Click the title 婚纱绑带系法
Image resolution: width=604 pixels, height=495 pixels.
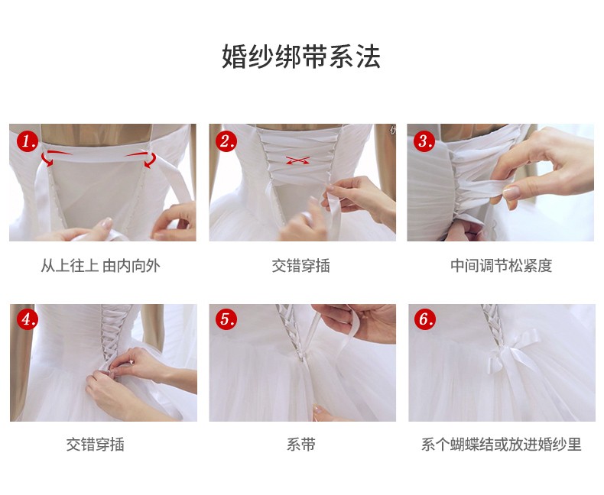[x=301, y=57]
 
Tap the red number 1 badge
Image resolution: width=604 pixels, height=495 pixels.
[x=27, y=141]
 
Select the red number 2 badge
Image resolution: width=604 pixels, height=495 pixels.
[x=226, y=141]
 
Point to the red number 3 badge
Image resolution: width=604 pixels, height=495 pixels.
[x=424, y=141]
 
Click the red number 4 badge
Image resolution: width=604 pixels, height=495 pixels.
[x=28, y=319]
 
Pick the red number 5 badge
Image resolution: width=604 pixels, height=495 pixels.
[x=226, y=319]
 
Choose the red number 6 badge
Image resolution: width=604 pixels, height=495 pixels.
[x=425, y=319]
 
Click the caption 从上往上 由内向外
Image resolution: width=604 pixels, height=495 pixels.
[x=100, y=266]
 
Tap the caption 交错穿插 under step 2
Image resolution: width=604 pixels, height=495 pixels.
[x=300, y=266]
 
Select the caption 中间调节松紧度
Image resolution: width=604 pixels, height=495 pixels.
[x=501, y=266]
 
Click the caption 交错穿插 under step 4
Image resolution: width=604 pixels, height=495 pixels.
[x=95, y=444]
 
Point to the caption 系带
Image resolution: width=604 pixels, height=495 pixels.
[x=300, y=444]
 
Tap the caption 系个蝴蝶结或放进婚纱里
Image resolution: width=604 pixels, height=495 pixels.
[x=501, y=444]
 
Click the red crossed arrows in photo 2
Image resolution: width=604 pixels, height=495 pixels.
[x=297, y=160]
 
